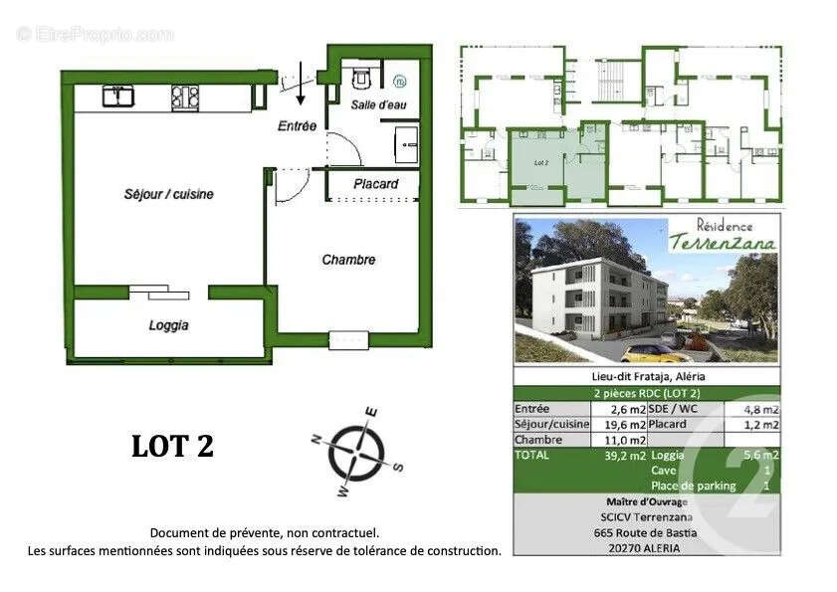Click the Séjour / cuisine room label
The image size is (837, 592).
click(x=168, y=194)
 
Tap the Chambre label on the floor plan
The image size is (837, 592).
click(x=348, y=260)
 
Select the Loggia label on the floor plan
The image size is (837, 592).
click(x=168, y=325)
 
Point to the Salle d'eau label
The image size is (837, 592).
click(x=378, y=104)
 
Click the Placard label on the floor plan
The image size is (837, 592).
click(x=376, y=184)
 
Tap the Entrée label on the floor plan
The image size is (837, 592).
click(x=297, y=126)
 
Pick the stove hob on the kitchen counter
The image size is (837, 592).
click(x=183, y=96)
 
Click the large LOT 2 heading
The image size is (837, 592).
click(x=173, y=447)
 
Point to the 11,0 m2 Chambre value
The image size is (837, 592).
click(x=625, y=439)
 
